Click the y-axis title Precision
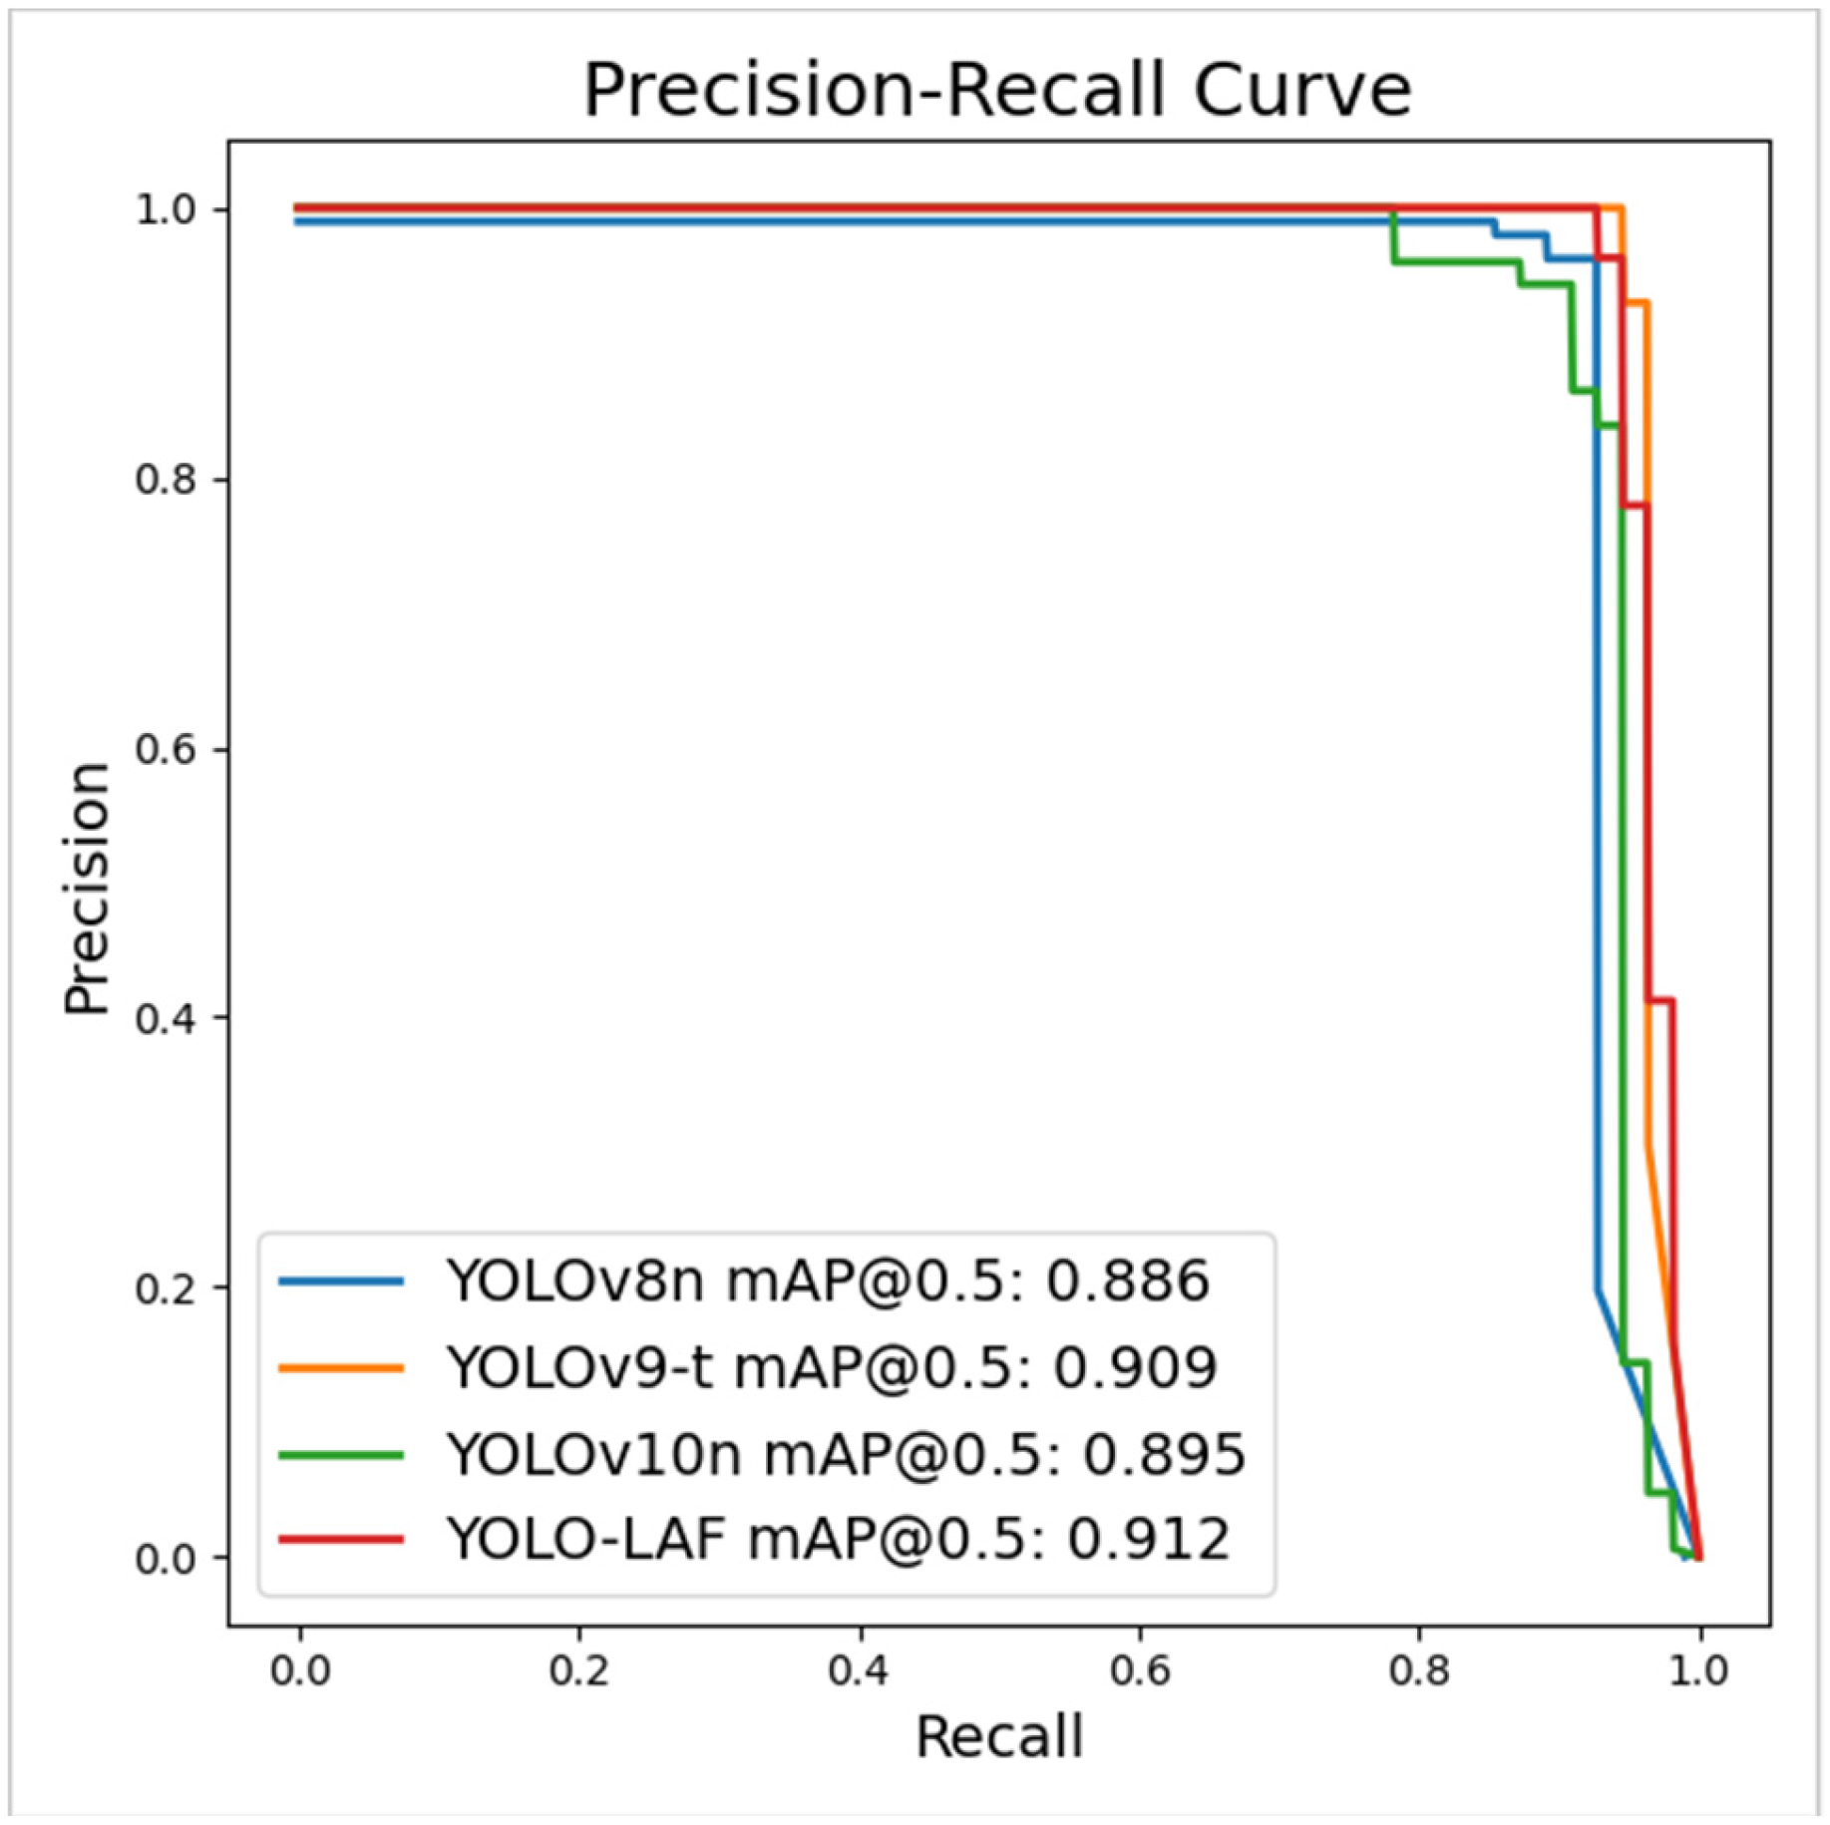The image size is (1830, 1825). pos(86,889)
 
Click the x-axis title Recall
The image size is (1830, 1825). pos(998,1736)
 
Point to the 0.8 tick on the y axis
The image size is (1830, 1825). pos(165,480)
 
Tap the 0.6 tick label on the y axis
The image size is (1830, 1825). pos(165,749)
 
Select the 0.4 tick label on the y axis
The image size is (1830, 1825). pos(165,1018)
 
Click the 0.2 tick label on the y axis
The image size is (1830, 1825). pos(165,1287)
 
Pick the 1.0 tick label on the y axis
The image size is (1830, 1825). pos(165,210)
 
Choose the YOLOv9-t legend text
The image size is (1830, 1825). pos(579,1366)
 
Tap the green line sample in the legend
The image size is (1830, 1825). pos(341,1454)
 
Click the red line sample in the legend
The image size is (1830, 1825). pos(341,1539)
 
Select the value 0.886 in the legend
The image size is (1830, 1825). pos(1127,1280)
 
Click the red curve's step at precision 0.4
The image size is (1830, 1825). pos(1660,999)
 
